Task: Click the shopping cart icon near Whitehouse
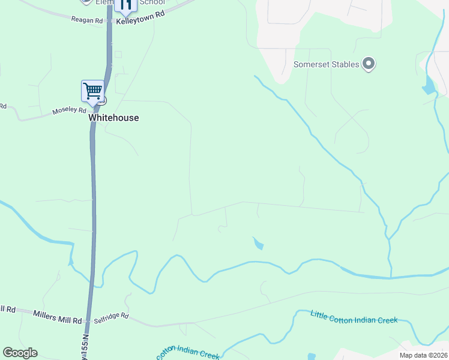[x=92, y=91]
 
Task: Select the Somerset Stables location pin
[x=369, y=64]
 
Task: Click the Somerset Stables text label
[x=326, y=65]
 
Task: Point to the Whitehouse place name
[x=113, y=118]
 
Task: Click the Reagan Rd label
[x=86, y=20]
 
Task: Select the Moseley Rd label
[x=70, y=111]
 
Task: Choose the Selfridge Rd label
[x=112, y=316]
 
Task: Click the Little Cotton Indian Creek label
[x=354, y=317]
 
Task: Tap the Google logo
[x=20, y=353]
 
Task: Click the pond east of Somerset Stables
[x=429, y=86]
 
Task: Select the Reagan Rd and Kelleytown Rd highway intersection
[x=110, y=22]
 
